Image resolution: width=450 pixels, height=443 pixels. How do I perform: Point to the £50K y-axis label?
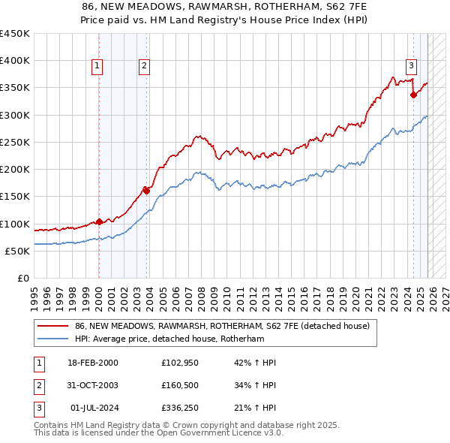click(x=17, y=251)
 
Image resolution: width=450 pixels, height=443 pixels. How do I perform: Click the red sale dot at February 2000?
click(x=99, y=221)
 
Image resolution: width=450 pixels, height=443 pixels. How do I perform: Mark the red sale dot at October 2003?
click(x=146, y=191)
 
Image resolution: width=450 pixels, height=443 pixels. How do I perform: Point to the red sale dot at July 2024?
click(x=413, y=95)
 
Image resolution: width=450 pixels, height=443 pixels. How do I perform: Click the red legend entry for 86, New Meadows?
click(x=222, y=327)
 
